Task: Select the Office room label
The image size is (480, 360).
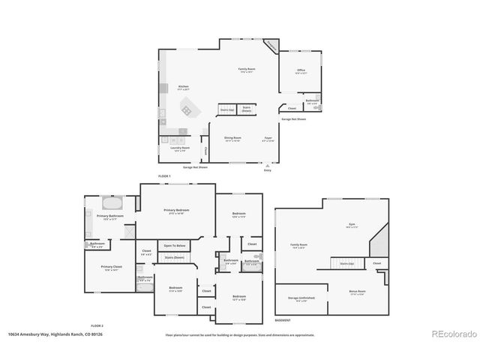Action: click(300, 72)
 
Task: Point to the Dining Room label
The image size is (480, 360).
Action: click(232, 139)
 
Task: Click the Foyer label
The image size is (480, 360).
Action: click(268, 139)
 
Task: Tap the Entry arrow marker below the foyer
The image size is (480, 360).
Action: click(268, 165)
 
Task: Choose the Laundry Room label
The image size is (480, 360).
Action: click(181, 149)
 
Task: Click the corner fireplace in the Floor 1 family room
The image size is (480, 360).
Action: click(271, 46)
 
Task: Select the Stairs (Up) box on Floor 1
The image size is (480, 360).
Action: click(226, 110)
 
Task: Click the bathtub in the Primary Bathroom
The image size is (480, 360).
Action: click(112, 203)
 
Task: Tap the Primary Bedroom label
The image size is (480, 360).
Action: click(177, 211)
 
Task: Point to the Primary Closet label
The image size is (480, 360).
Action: click(112, 268)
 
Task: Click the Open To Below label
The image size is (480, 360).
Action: click(174, 245)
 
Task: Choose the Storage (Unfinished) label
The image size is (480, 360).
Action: click(301, 299)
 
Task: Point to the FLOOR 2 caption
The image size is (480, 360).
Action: click(97, 325)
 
